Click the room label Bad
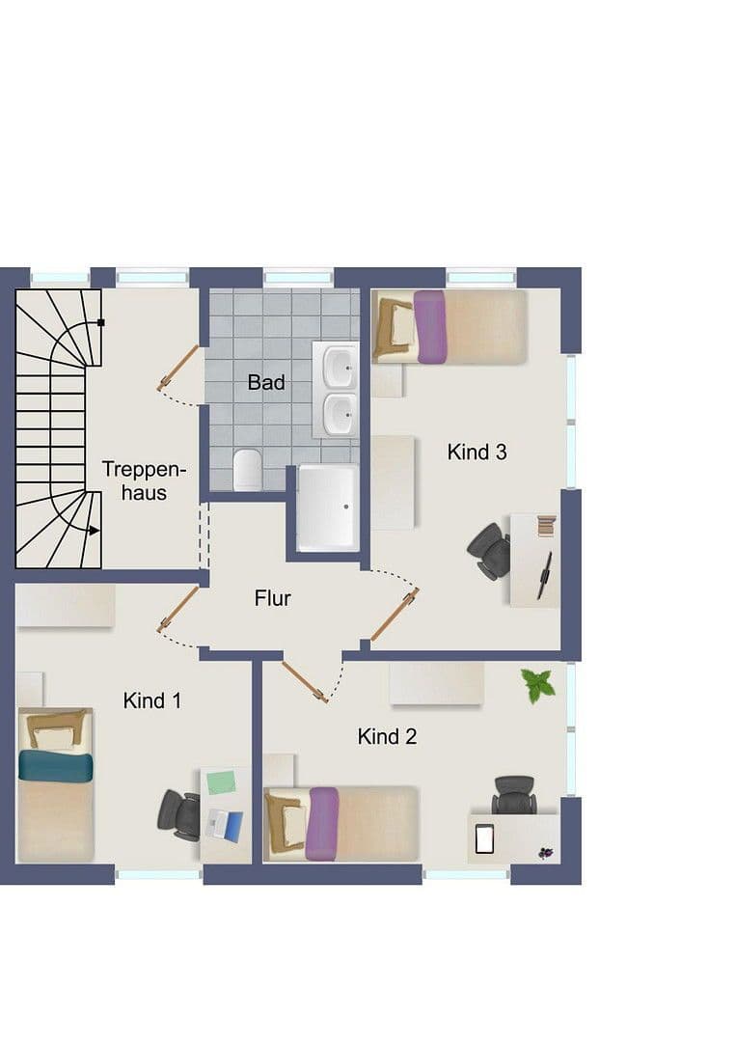click(x=266, y=382)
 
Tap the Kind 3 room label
click(x=477, y=451)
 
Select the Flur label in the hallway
click(x=272, y=598)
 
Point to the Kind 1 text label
click(x=152, y=700)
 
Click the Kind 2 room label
click(x=387, y=736)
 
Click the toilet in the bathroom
click(x=247, y=469)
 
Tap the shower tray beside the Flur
click(x=328, y=507)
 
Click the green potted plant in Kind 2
click(x=537, y=685)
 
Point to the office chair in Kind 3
click(x=491, y=551)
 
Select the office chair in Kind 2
click(x=514, y=795)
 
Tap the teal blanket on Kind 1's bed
click(x=56, y=766)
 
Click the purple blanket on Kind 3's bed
click(x=430, y=327)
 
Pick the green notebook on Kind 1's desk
click(x=221, y=781)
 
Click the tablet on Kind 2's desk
click(x=484, y=839)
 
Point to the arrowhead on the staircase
click(x=93, y=530)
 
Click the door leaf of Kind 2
click(x=305, y=680)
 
